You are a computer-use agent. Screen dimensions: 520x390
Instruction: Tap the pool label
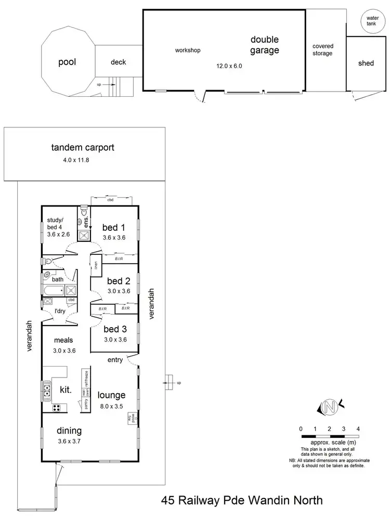click(x=67, y=62)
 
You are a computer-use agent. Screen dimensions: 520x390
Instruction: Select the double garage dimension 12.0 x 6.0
click(x=229, y=66)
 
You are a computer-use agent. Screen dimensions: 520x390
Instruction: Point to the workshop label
click(x=187, y=50)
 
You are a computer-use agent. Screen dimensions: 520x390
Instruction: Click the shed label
click(x=366, y=63)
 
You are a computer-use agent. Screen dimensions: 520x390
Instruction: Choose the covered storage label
click(x=322, y=50)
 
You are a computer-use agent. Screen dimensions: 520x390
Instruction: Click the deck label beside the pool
click(x=118, y=62)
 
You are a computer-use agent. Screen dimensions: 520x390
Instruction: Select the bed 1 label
click(x=113, y=227)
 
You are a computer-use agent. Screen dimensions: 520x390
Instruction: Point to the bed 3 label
click(x=114, y=329)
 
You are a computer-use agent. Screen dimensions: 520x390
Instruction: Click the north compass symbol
click(x=329, y=406)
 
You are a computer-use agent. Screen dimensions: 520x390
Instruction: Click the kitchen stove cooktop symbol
click(x=54, y=408)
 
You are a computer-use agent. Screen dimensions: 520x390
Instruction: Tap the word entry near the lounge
click(x=115, y=359)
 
